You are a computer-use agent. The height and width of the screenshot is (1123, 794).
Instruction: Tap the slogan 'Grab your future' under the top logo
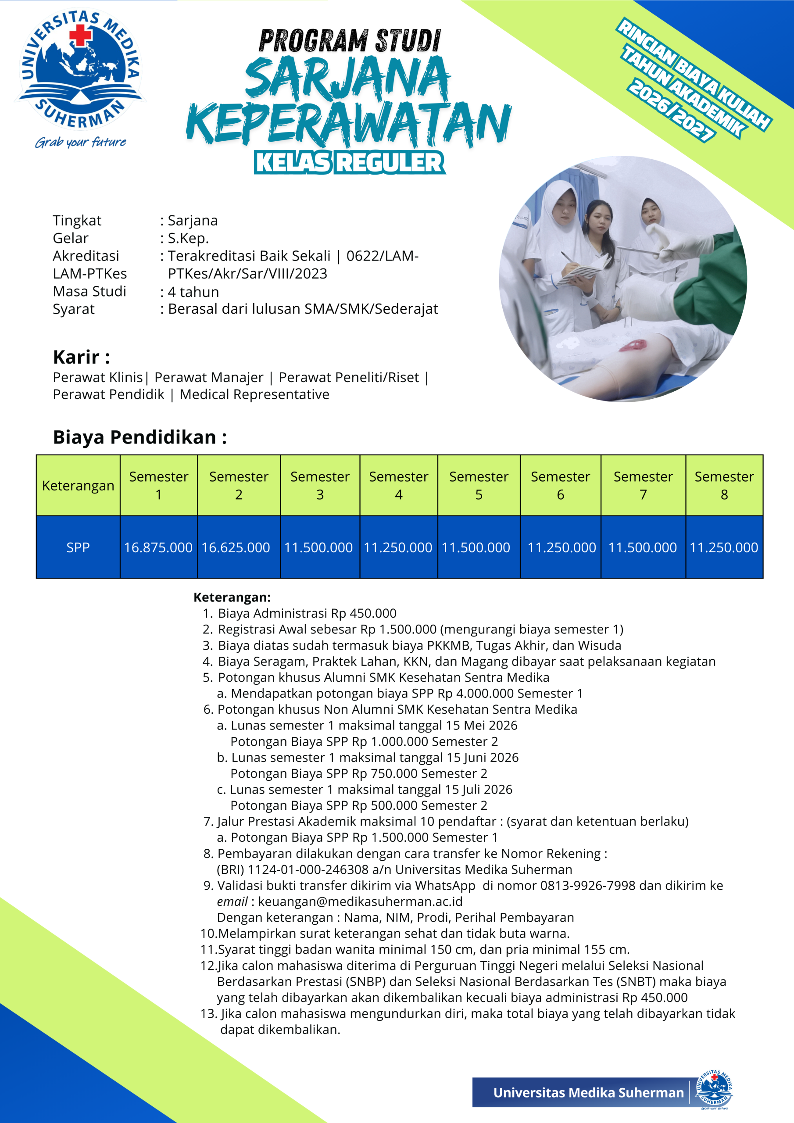80,142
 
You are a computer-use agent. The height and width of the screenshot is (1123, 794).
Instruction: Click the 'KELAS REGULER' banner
350,163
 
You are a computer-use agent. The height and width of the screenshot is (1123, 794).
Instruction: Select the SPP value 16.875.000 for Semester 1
158,547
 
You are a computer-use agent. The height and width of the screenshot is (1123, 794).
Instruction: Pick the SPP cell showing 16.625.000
236,547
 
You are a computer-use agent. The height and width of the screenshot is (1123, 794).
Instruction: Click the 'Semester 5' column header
479,485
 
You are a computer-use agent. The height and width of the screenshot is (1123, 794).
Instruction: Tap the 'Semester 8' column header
724,485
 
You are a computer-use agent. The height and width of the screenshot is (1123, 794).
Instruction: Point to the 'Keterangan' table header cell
78,486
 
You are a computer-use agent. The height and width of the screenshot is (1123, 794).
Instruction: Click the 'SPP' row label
78,547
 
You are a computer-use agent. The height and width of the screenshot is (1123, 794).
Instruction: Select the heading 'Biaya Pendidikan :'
140,437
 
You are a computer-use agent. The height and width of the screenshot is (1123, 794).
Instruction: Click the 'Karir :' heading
81,357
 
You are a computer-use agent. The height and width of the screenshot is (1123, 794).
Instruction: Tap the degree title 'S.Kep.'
188,238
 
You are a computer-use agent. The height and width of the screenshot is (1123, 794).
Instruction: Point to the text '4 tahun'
193,292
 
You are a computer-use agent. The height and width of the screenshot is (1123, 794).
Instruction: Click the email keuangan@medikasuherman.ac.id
360,901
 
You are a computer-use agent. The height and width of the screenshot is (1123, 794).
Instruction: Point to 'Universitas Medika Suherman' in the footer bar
588,1093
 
